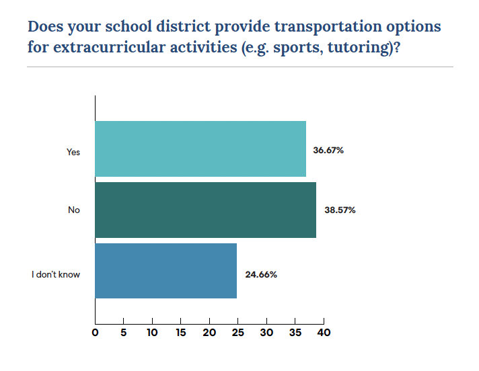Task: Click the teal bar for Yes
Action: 200,149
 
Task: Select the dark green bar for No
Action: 205,210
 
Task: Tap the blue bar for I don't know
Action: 165,271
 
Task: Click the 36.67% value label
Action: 328,151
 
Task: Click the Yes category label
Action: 73,152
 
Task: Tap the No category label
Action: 74,210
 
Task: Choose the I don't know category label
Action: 56,274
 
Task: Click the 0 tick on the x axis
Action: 96,333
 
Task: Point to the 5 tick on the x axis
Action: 124,333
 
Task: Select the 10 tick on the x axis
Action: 152,333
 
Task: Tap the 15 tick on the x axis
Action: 181,333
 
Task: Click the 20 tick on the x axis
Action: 209,333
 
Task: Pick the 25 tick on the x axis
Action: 238,333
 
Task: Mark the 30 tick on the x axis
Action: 266,333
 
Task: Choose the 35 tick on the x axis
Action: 295,333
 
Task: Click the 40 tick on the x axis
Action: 324,333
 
